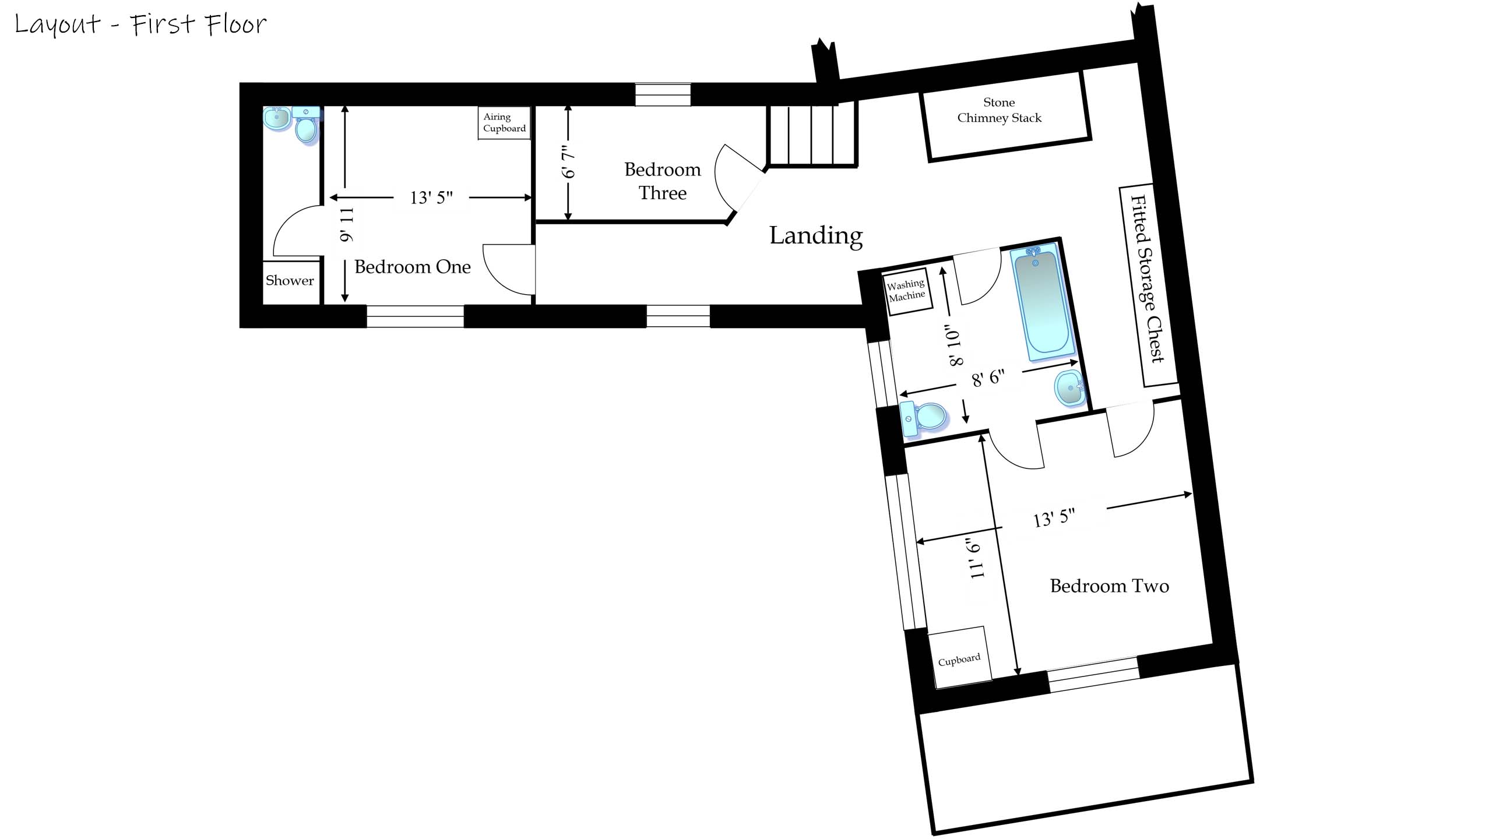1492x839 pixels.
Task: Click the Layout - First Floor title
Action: click(140, 24)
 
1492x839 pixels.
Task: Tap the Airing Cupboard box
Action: click(504, 123)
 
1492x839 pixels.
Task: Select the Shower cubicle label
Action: click(290, 281)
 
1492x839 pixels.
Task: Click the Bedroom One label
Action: click(412, 267)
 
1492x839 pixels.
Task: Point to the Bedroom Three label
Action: click(663, 181)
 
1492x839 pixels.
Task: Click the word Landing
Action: click(815, 235)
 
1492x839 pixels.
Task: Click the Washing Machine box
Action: click(906, 290)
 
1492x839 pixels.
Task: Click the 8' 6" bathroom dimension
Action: click(988, 378)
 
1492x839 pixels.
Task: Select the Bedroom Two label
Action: click(1109, 586)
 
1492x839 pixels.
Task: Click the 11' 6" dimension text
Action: click(975, 559)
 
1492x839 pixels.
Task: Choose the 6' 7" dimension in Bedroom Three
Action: click(568, 162)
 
